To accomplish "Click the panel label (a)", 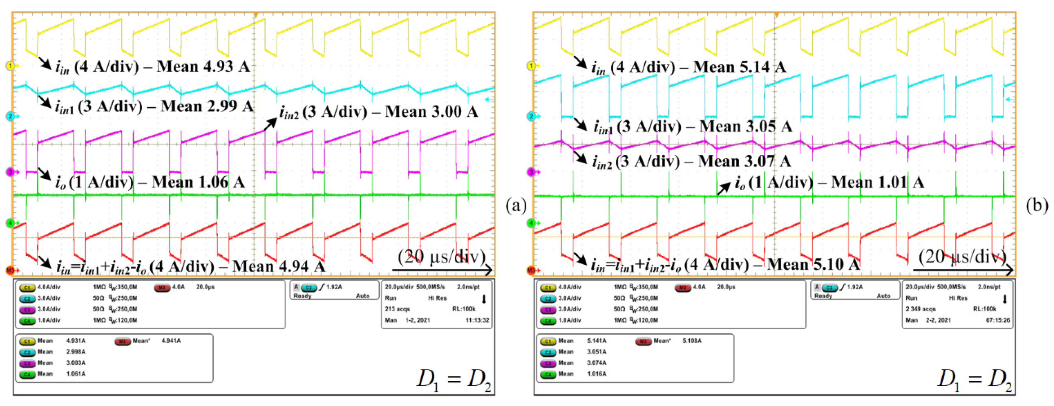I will coord(516,206).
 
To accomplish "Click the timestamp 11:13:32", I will coord(477,320).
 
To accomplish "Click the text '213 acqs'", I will coord(397,309).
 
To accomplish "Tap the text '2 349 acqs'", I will coord(920,309).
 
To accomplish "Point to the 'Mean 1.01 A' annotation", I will coord(877,182).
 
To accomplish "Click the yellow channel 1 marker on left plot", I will coord(10,66).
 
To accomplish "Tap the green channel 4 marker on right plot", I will coord(531,223).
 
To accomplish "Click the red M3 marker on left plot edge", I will coord(10,271).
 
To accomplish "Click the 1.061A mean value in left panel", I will coord(76,374).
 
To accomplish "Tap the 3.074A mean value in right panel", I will coord(597,363).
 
